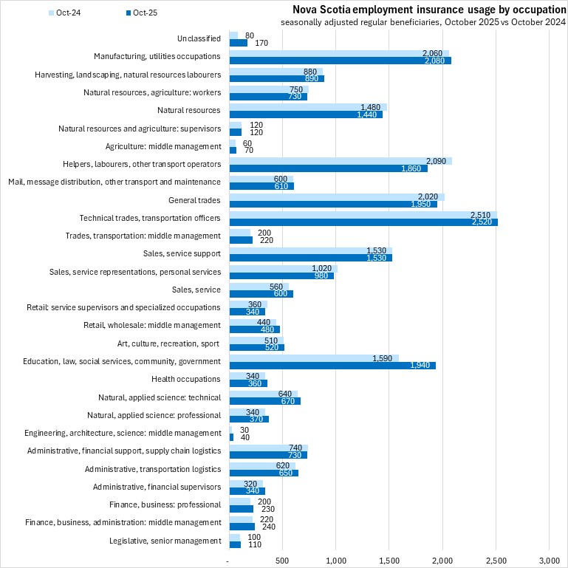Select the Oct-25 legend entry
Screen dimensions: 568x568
pos(140,13)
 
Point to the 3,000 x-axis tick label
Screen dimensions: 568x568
pos(549,561)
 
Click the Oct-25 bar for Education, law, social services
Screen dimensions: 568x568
pos(332,366)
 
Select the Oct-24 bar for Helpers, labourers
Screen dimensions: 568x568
pos(340,160)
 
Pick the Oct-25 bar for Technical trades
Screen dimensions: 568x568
pos(362,222)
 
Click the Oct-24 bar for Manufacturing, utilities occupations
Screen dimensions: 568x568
pos(338,52)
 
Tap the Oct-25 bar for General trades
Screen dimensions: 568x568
pos(332,204)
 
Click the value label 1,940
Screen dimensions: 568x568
pos(423,366)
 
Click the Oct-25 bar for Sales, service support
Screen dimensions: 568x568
pos(310,258)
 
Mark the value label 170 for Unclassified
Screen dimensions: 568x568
pos(260,43)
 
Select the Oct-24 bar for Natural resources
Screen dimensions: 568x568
pos(307,106)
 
